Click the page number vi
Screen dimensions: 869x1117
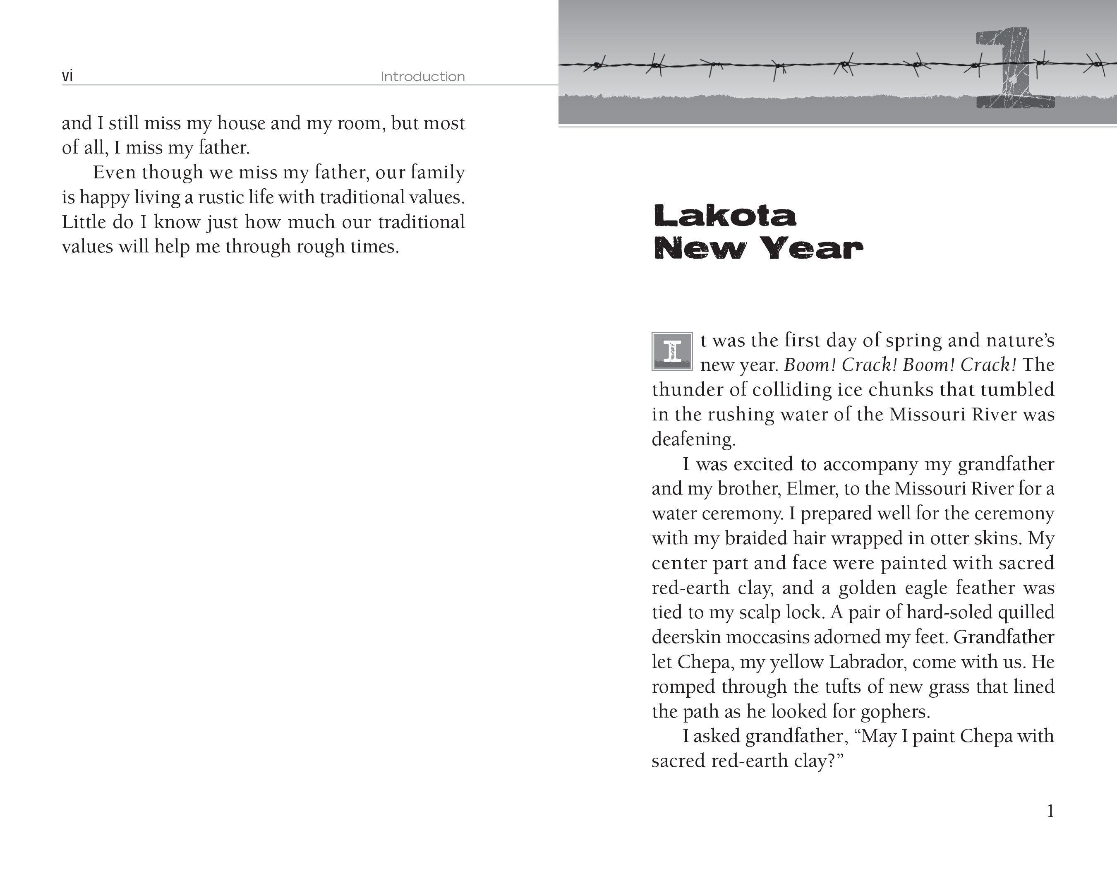click(67, 76)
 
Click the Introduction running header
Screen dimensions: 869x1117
click(422, 77)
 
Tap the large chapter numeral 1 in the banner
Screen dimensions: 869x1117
click(1015, 69)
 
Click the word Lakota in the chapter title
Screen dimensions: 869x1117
click(725, 216)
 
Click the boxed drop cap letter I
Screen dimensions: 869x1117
click(672, 351)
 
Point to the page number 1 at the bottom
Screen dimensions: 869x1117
click(1050, 811)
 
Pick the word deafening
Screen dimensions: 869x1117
click(693, 439)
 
